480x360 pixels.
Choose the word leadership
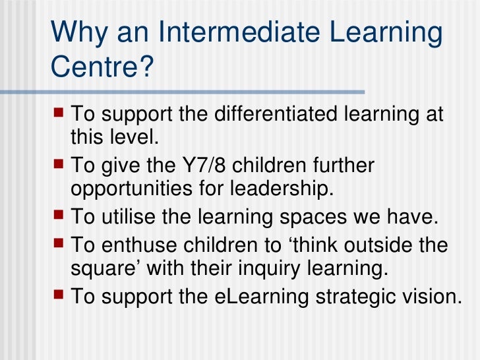276,188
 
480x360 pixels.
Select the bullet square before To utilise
58,214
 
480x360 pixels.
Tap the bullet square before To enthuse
58,244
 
